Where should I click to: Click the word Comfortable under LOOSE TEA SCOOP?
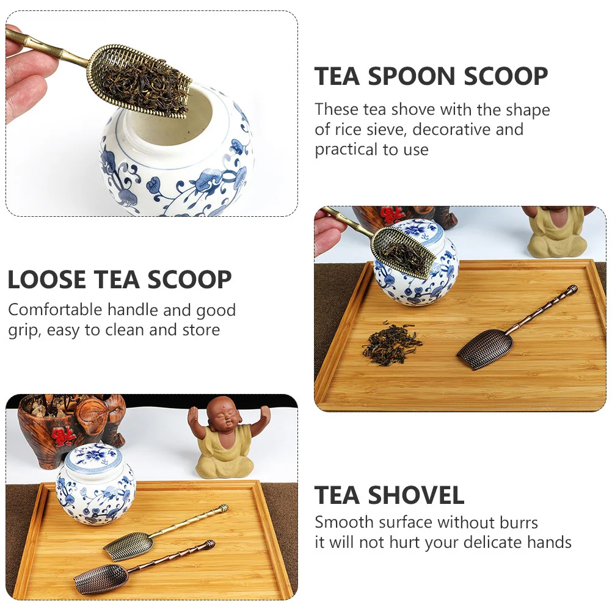pos(56,310)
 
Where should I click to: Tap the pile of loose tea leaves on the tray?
pos(391,343)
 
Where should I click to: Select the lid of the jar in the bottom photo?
pos(94,457)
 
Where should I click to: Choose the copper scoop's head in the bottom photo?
pos(101,577)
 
